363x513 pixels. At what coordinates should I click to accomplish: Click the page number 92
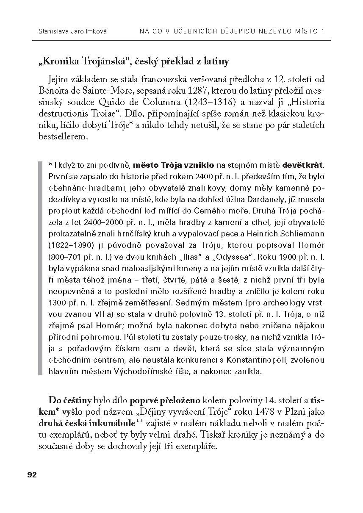click(x=32, y=474)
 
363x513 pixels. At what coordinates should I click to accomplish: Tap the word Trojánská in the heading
click(x=92, y=61)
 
